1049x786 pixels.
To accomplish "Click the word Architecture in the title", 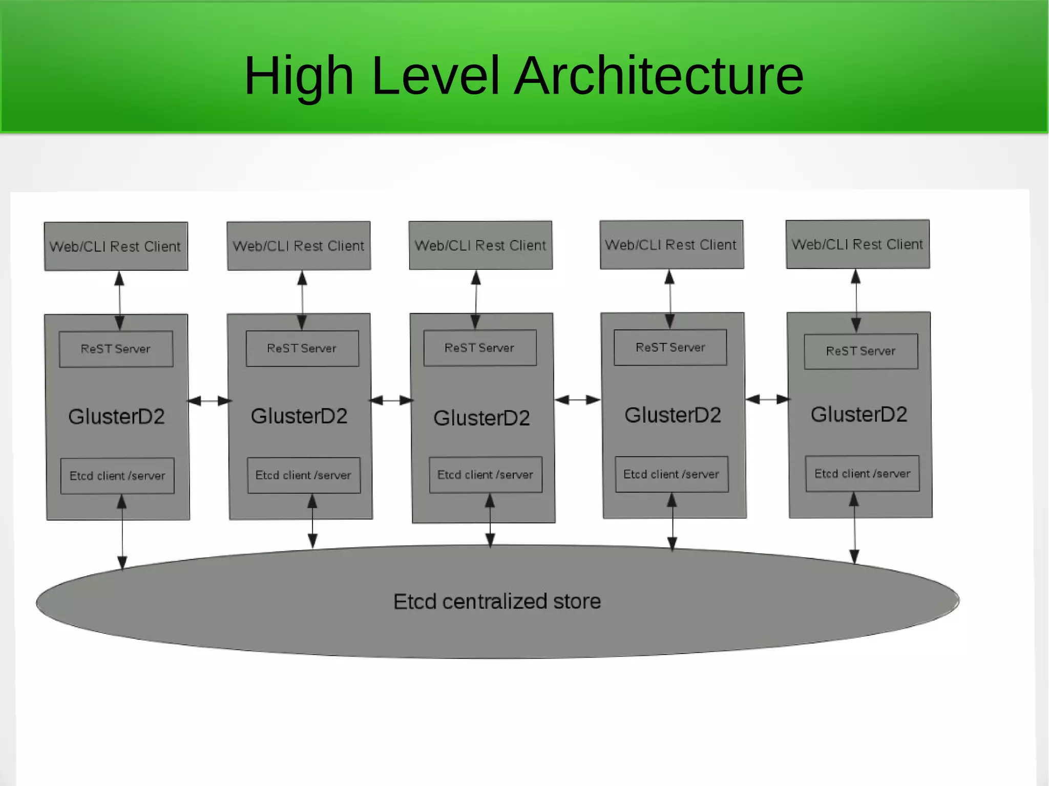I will [659, 76].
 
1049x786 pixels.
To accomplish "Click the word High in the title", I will [299, 76].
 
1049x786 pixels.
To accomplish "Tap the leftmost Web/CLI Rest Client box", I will [116, 246].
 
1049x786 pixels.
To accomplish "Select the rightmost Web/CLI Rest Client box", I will [857, 244].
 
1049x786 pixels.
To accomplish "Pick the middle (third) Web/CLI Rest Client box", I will [480, 245].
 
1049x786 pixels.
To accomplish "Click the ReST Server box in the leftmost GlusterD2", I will [116, 349].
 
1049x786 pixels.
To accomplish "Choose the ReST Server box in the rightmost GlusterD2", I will [861, 351].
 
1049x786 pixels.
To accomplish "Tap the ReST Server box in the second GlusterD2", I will [302, 348].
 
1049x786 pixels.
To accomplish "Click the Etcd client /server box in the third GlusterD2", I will [486, 475].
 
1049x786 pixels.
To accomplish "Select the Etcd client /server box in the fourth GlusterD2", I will [672, 474].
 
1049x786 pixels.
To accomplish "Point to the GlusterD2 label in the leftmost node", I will [117, 416].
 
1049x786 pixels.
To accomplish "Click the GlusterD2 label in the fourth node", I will [673, 415].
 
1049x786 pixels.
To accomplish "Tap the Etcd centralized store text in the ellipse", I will [497, 601].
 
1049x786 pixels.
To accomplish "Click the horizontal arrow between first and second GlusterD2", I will [209, 401].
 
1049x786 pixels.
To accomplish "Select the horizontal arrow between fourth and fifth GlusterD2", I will [767, 399].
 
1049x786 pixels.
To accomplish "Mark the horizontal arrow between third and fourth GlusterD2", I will [577, 400].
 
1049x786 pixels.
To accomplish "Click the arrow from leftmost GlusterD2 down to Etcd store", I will [122, 533].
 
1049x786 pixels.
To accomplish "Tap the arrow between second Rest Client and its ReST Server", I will [302, 300].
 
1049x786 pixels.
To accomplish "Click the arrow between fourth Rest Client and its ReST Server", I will [670, 299].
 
